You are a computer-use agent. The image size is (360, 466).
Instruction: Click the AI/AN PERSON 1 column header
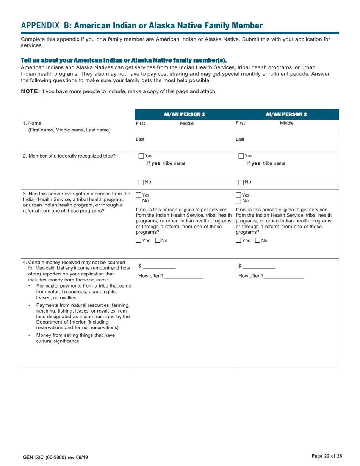(x=185, y=114)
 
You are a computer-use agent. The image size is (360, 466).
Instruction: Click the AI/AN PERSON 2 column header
(x=286, y=114)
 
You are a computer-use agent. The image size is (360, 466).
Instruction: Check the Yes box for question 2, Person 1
(x=141, y=156)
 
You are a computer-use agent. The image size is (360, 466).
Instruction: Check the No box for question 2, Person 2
(x=241, y=183)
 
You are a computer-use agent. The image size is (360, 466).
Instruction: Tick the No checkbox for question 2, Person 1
(x=141, y=183)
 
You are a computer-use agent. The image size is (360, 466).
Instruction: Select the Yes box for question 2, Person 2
(x=241, y=156)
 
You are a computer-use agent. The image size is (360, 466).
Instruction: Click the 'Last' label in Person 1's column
(x=140, y=139)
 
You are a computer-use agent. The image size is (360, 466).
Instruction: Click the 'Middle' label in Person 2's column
(x=286, y=123)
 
